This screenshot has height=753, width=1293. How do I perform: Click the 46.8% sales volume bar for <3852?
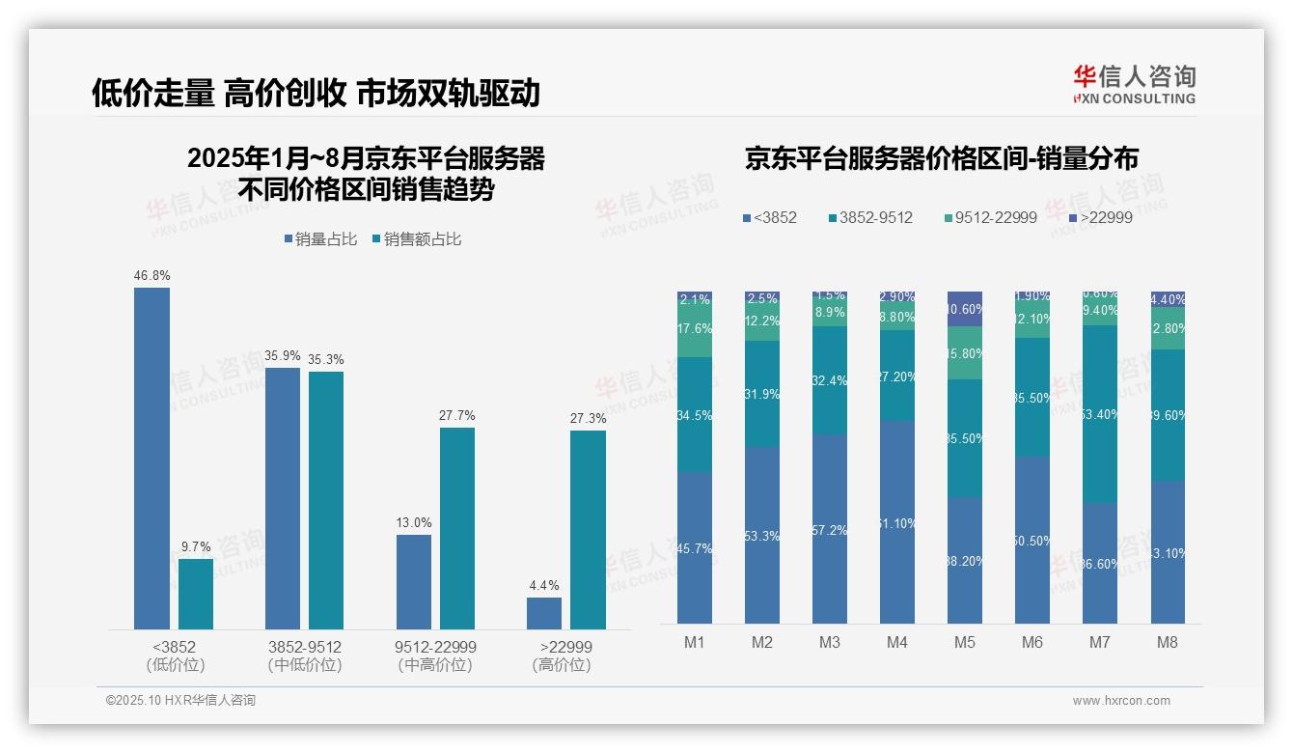[151, 459]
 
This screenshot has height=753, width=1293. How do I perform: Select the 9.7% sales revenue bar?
[195, 594]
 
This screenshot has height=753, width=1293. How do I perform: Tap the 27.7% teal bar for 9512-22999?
[457, 528]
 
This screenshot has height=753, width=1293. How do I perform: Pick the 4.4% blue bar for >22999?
[544, 613]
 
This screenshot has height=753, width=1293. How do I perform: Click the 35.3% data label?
[326, 359]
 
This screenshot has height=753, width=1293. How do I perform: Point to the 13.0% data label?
[414, 522]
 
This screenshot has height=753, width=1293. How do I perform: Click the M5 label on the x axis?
[965, 642]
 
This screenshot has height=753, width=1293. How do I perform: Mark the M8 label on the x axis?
[1168, 642]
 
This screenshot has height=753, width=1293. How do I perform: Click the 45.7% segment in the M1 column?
[695, 547]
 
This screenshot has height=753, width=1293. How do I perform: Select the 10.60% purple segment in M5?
[965, 309]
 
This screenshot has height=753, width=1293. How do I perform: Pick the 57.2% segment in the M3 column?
[830, 529]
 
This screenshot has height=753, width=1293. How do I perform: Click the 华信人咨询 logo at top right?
[1134, 85]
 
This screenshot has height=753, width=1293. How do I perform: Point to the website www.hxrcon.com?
[1121, 701]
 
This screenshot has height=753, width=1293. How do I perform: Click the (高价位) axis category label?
[562, 665]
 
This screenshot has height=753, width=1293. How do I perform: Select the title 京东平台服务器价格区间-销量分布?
[941, 159]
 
